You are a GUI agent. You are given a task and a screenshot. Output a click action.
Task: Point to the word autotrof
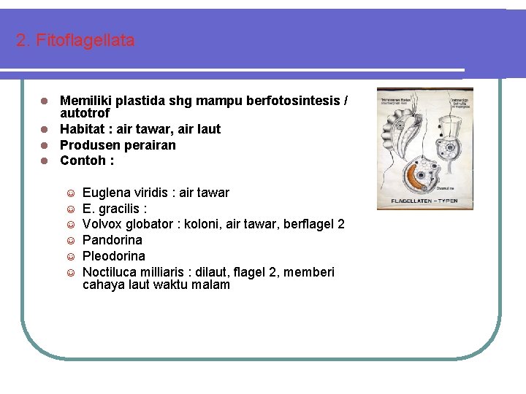tap(85, 114)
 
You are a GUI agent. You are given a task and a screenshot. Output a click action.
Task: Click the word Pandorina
tap(113, 240)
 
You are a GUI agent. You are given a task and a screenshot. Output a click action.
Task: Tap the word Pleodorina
tap(114, 256)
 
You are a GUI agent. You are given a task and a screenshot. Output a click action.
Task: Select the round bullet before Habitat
tap(45, 130)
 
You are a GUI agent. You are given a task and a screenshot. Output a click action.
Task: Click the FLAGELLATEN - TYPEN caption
tap(424, 200)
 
